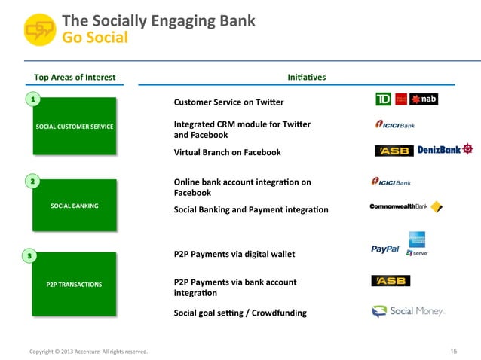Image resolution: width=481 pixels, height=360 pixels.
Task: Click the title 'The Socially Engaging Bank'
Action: [158, 20]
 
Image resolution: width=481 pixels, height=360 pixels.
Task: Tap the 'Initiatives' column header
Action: [307, 77]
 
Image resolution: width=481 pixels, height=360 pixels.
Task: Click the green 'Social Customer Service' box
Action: [75, 126]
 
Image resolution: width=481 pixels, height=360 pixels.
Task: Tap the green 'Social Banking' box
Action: [75, 205]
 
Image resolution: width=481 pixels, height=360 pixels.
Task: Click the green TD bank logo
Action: [383, 100]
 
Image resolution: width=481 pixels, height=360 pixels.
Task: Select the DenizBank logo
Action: [445, 149]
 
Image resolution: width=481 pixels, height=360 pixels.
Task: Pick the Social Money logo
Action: [408, 311]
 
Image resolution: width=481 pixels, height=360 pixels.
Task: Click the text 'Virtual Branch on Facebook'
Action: [227, 152]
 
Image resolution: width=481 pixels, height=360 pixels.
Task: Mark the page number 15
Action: [454, 351]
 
